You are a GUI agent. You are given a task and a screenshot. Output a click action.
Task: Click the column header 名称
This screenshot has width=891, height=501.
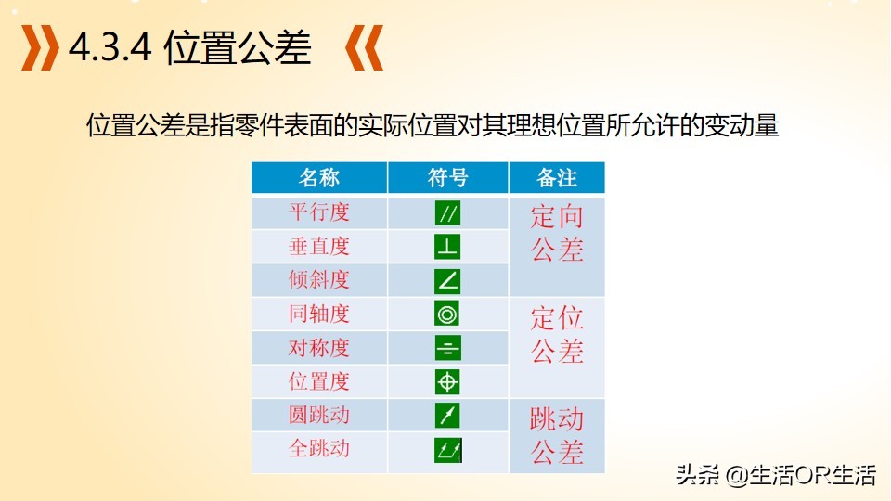(318, 178)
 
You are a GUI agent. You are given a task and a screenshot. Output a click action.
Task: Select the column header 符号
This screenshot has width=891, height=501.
(447, 178)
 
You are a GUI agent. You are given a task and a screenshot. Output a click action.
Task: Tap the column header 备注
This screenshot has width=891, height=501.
(557, 178)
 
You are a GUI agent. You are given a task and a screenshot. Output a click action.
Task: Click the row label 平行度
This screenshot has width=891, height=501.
(318, 212)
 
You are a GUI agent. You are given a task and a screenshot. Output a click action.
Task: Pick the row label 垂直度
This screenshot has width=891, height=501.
(318, 246)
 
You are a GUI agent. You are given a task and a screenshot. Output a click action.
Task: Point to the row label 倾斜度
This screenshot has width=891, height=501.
(318, 279)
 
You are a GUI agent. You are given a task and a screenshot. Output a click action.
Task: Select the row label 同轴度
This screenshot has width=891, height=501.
(318, 314)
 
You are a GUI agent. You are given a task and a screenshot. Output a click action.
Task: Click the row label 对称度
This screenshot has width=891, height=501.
(318, 348)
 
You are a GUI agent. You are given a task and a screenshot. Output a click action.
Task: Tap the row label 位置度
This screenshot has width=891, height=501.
(318, 381)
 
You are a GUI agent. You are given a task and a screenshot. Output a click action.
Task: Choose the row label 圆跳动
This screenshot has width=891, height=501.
(318, 415)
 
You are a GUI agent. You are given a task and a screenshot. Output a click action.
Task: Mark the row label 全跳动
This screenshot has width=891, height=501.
(318, 448)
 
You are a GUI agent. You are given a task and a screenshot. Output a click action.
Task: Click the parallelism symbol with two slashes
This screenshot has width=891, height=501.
(447, 213)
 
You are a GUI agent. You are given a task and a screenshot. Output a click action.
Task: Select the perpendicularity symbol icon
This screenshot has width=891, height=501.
(447, 247)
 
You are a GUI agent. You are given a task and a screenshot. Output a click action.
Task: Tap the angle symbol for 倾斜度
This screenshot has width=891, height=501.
(447, 280)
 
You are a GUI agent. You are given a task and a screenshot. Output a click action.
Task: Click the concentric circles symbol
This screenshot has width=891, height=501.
(447, 315)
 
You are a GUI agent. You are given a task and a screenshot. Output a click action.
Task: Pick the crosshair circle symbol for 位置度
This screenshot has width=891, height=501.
(447, 381)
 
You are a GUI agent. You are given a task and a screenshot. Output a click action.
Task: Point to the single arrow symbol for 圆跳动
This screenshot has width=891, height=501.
(447, 416)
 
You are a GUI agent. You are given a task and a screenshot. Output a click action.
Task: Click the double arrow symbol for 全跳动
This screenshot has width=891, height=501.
(447, 450)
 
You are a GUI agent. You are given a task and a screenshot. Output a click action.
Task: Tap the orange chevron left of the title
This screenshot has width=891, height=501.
(40, 47)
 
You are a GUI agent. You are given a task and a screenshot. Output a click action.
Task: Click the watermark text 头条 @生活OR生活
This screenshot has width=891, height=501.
(776, 475)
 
